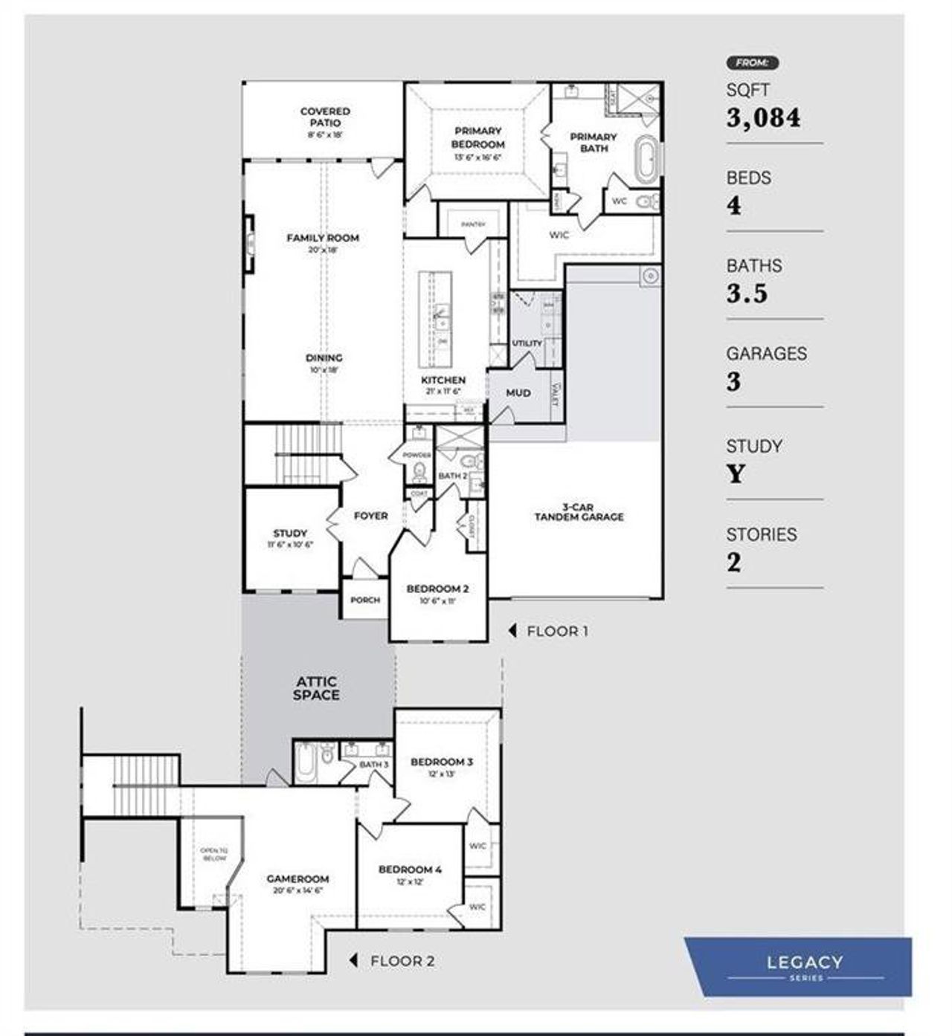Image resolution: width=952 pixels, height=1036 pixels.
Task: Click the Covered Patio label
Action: tap(325, 117)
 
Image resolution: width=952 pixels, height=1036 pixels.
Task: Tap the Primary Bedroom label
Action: tap(477, 138)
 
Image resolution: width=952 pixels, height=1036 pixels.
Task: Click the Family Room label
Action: tap(323, 239)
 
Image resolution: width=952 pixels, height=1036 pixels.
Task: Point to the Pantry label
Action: tap(473, 224)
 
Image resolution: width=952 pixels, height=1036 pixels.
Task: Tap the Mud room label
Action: tap(518, 393)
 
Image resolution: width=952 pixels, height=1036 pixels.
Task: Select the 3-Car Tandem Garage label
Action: tap(579, 512)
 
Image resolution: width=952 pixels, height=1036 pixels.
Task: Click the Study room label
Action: tap(290, 534)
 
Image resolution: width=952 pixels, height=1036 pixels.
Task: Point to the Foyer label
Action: tap(370, 516)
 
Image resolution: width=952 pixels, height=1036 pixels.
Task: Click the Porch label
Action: tap(365, 600)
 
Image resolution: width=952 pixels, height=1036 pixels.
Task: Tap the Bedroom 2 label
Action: tap(437, 589)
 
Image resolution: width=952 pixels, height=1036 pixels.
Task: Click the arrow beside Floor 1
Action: tap(512, 631)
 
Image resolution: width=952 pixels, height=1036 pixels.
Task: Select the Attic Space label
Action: tap(316, 688)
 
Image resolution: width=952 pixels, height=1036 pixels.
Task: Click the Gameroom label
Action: tap(297, 879)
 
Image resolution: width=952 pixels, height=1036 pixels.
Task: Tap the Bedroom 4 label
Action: tap(410, 870)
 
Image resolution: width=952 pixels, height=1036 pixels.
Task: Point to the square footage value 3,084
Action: tap(763, 118)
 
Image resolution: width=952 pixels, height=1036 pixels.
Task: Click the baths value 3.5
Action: tap(747, 294)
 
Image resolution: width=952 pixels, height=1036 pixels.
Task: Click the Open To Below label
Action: tap(213, 854)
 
